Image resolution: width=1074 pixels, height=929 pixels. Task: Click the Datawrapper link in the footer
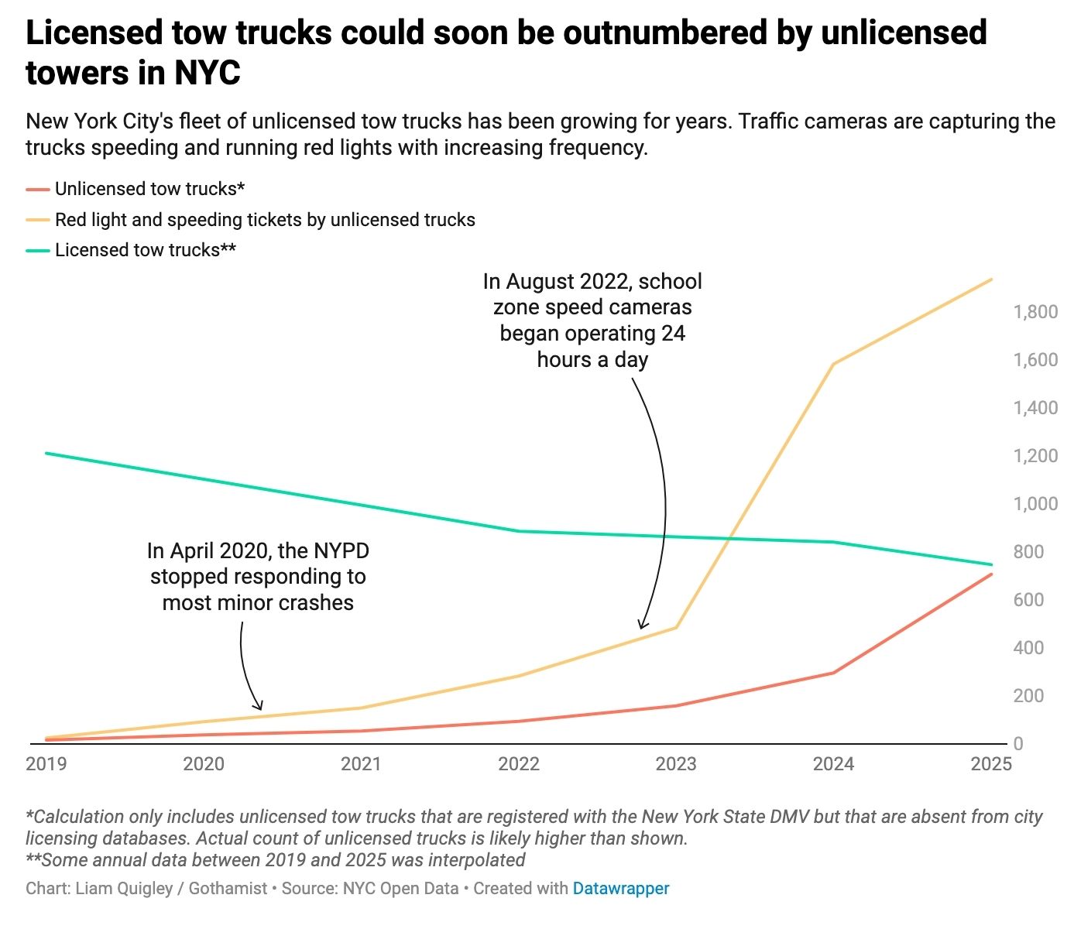[621, 888]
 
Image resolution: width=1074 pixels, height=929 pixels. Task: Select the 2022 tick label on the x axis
[519, 764]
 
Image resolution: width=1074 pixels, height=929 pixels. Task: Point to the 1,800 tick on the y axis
[1035, 312]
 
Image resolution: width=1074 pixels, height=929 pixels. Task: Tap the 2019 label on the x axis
[46, 764]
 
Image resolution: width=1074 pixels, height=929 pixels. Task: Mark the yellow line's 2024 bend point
[833, 364]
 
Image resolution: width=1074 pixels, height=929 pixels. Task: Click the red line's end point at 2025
[991, 574]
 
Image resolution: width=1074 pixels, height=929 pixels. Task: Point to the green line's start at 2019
[46, 453]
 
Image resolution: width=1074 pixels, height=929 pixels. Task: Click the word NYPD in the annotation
[341, 551]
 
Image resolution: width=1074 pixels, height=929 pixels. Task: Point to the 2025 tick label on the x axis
[991, 764]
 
